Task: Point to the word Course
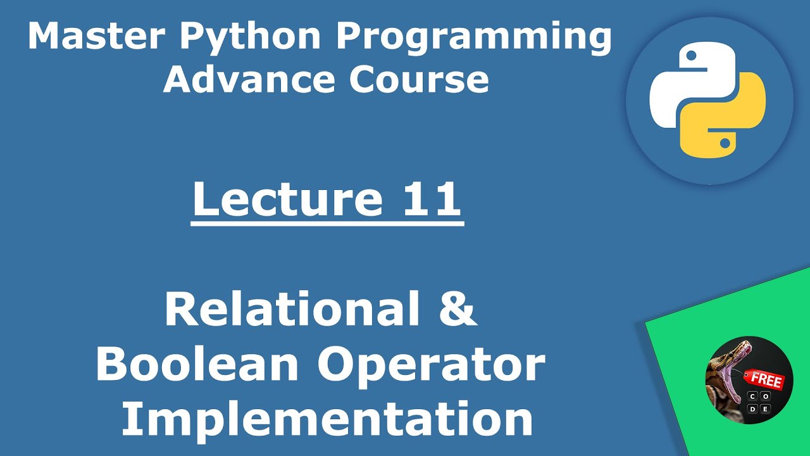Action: click(418, 80)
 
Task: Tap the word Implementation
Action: click(327, 420)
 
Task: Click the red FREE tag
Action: click(765, 380)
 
